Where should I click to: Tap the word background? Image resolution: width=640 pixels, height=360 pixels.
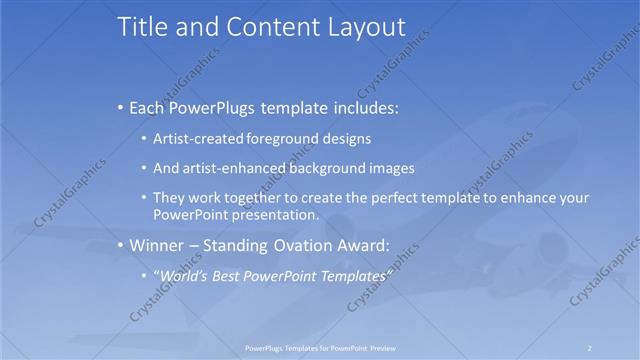coord(326,168)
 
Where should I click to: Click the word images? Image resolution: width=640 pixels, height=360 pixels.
coord(392,168)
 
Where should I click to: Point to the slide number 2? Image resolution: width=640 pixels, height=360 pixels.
coord(590,347)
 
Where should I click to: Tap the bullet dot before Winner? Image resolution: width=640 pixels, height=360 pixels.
coord(121,245)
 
